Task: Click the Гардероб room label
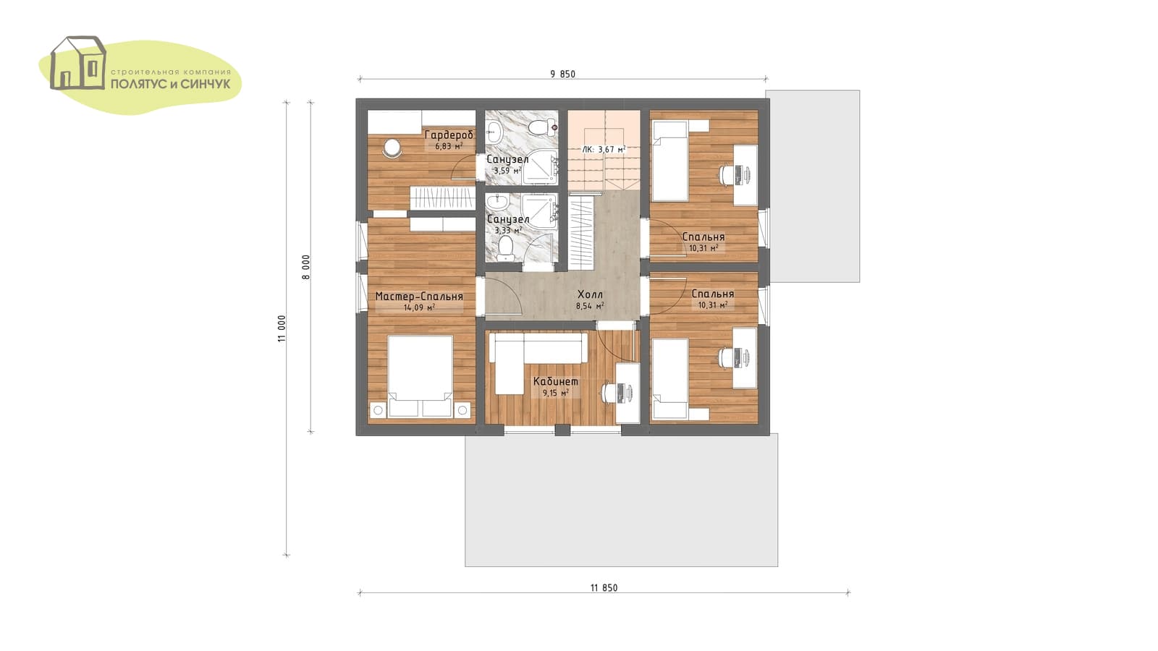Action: coord(449,135)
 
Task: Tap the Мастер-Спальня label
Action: coord(419,297)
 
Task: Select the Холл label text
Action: coord(590,294)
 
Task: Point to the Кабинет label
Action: coord(556,382)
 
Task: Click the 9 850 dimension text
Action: coord(562,74)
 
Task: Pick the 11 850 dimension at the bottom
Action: coord(604,587)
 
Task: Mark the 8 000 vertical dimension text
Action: coord(306,267)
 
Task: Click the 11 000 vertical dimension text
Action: coord(282,328)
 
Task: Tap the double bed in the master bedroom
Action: coord(420,376)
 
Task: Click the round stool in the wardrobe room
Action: coord(392,148)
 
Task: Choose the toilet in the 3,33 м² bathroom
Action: coord(505,249)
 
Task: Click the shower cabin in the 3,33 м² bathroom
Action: coord(540,210)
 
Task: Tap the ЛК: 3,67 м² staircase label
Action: coord(604,149)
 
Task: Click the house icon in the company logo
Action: coord(78,63)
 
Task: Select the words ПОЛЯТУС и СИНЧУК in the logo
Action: coord(171,84)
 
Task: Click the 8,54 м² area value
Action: coord(590,306)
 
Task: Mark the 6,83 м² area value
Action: coord(449,146)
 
